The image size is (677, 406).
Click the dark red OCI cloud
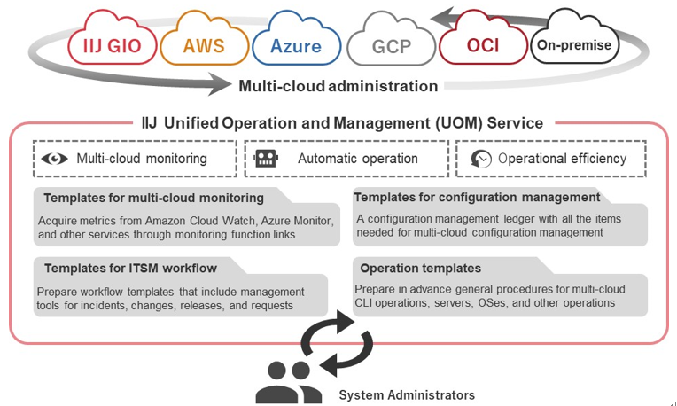483,44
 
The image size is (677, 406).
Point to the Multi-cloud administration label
338,86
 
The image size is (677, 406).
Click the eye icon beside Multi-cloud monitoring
55,159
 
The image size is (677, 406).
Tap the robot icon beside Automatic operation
266,159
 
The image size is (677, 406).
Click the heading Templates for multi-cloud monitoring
153,198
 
